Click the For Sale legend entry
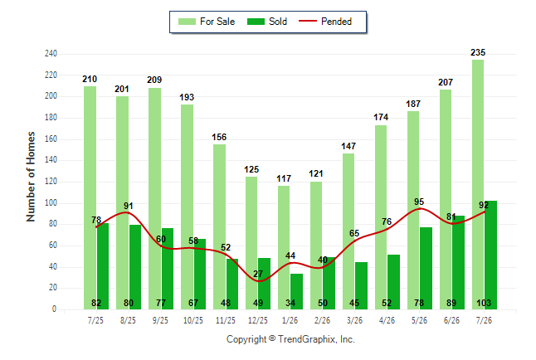click(x=207, y=22)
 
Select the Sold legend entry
click(x=267, y=22)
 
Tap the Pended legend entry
click(x=325, y=22)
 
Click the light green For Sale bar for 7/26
click(x=478, y=185)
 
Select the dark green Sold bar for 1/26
click(x=296, y=292)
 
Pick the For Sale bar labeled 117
click(x=284, y=247)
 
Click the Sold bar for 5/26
click(x=426, y=269)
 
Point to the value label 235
click(x=478, y=52)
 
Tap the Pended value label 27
click(x=258, y=274)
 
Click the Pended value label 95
click(x=419, y=202)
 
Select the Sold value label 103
click(x=484, y=303)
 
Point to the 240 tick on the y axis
click(x=51, y=54)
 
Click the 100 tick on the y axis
click(x=51, y=202)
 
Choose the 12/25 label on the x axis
click(x=258, y=320)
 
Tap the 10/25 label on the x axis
click(x=193, y=320)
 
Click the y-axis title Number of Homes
click(x=31, y=177)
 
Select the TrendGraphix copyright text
click(x=290, y=339)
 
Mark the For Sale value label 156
click(x=219, y=137)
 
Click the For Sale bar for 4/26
click(x=381, y=217)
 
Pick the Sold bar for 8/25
click(x=135, y=267)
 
